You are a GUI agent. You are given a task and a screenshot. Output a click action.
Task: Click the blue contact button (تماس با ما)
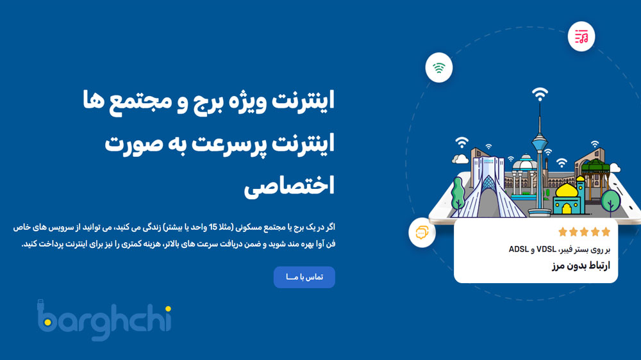304,277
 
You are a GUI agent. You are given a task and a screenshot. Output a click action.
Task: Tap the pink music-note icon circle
581,37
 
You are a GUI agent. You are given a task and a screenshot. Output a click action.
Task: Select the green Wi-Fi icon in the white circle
439,67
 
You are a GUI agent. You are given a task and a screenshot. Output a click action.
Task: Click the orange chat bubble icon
422,233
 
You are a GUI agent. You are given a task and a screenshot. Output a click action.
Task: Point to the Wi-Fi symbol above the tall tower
540,95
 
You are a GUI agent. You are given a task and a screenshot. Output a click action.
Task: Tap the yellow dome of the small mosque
567,190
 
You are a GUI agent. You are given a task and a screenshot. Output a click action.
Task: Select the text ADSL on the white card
519,249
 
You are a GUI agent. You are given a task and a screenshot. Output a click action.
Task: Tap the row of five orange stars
584,232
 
